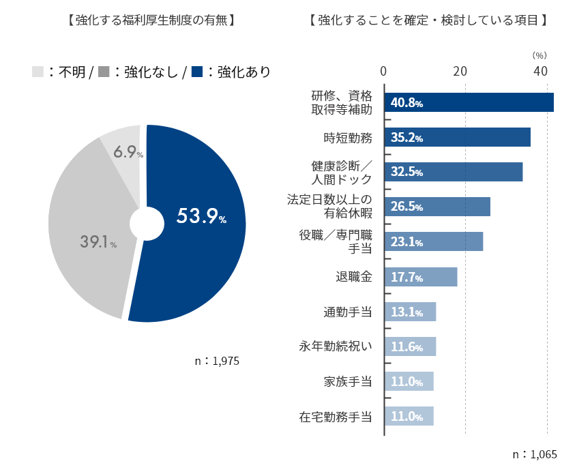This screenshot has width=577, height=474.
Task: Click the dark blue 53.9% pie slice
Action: point(198,225)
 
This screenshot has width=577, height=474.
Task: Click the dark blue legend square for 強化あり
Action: point(198,72)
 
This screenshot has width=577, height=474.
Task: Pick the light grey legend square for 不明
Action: point(38,72)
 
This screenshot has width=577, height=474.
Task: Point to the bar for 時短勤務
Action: point(457,137)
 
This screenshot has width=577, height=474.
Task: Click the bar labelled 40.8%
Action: point(469,102)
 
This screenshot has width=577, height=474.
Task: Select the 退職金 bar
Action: point(421,277)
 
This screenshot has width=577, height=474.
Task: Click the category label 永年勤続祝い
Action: point(336,346)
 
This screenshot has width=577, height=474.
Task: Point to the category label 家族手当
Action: point(348,381)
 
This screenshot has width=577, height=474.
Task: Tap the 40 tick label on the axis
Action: point(541,71)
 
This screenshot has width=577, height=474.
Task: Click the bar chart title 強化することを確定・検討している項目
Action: point(428,20)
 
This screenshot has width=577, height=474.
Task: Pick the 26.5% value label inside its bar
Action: point(407,207)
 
